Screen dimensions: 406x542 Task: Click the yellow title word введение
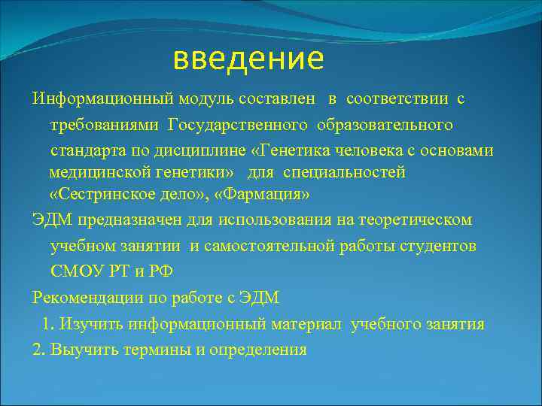pyautogui.click(x=248, y=58)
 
